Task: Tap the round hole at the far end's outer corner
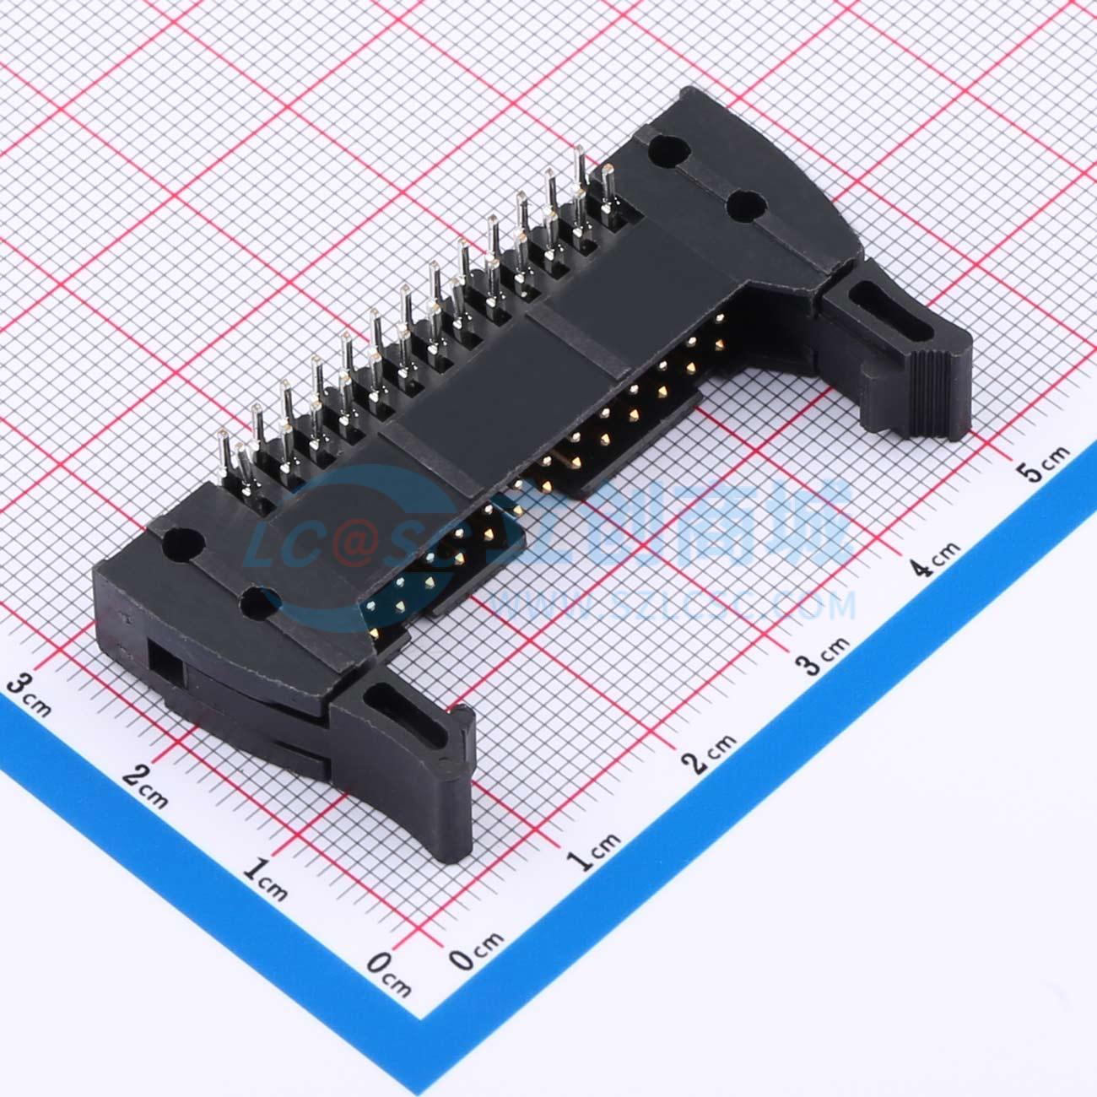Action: coord(666,151)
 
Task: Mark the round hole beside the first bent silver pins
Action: coord(182,544)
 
